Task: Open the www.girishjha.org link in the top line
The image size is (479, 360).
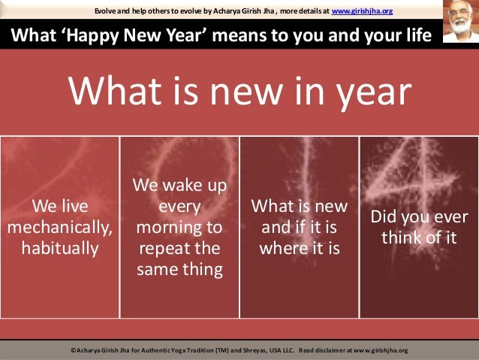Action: coord(362,10)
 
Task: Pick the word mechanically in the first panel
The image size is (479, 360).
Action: coord(60,226)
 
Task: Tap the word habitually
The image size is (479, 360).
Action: coord(60,247)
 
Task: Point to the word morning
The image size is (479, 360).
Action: coord(179,226)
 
